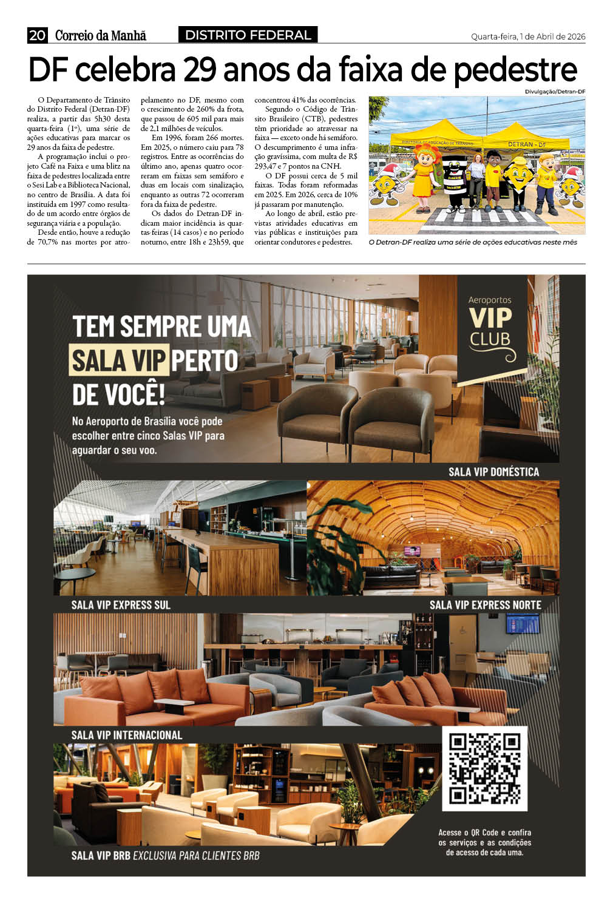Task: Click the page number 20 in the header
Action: point(37,36)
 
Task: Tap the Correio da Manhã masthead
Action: point(101,36)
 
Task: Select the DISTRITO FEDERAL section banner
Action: point(248,35)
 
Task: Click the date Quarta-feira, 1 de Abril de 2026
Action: point(528,36)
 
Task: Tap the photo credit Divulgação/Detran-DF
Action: point(555,92)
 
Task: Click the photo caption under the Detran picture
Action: point(473,242)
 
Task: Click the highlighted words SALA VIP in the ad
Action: point(118,360)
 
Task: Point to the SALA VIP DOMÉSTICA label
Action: point(493,472)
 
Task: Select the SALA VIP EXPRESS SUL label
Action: point(121,604)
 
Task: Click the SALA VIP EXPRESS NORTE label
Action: point(485,604)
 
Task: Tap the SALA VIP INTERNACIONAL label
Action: point(126,735)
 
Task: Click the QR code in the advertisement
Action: point(484,768)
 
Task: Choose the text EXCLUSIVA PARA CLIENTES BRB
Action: point(196,855)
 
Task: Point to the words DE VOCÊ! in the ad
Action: point(118,394)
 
